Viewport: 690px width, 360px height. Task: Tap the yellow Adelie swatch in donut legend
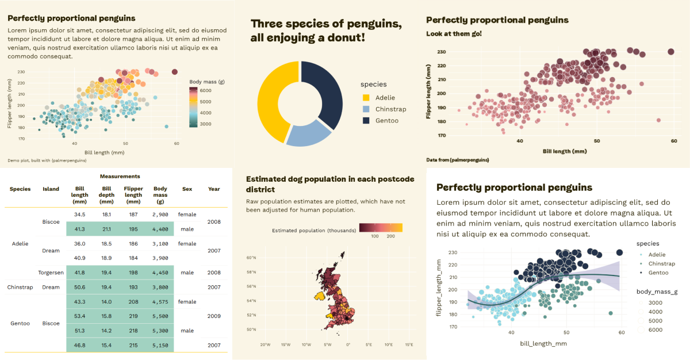tap(366, 98)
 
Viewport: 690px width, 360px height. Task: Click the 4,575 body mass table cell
tap(160, 302)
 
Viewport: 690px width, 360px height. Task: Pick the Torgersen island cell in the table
tap(51, 273)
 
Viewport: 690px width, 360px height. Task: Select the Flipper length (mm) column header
tap(133, 194)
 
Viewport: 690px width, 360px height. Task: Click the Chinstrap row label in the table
tap(20, 287)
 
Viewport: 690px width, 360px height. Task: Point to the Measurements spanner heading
tap(120, 176)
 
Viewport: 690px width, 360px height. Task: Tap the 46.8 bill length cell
tap(79, 345)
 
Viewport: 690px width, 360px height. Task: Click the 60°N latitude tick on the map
tap(251, 258)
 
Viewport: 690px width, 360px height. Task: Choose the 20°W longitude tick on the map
tap(265, 345)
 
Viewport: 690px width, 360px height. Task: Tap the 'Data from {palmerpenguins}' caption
tap(458, 159)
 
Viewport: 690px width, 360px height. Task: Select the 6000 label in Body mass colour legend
tap(205, 91)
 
